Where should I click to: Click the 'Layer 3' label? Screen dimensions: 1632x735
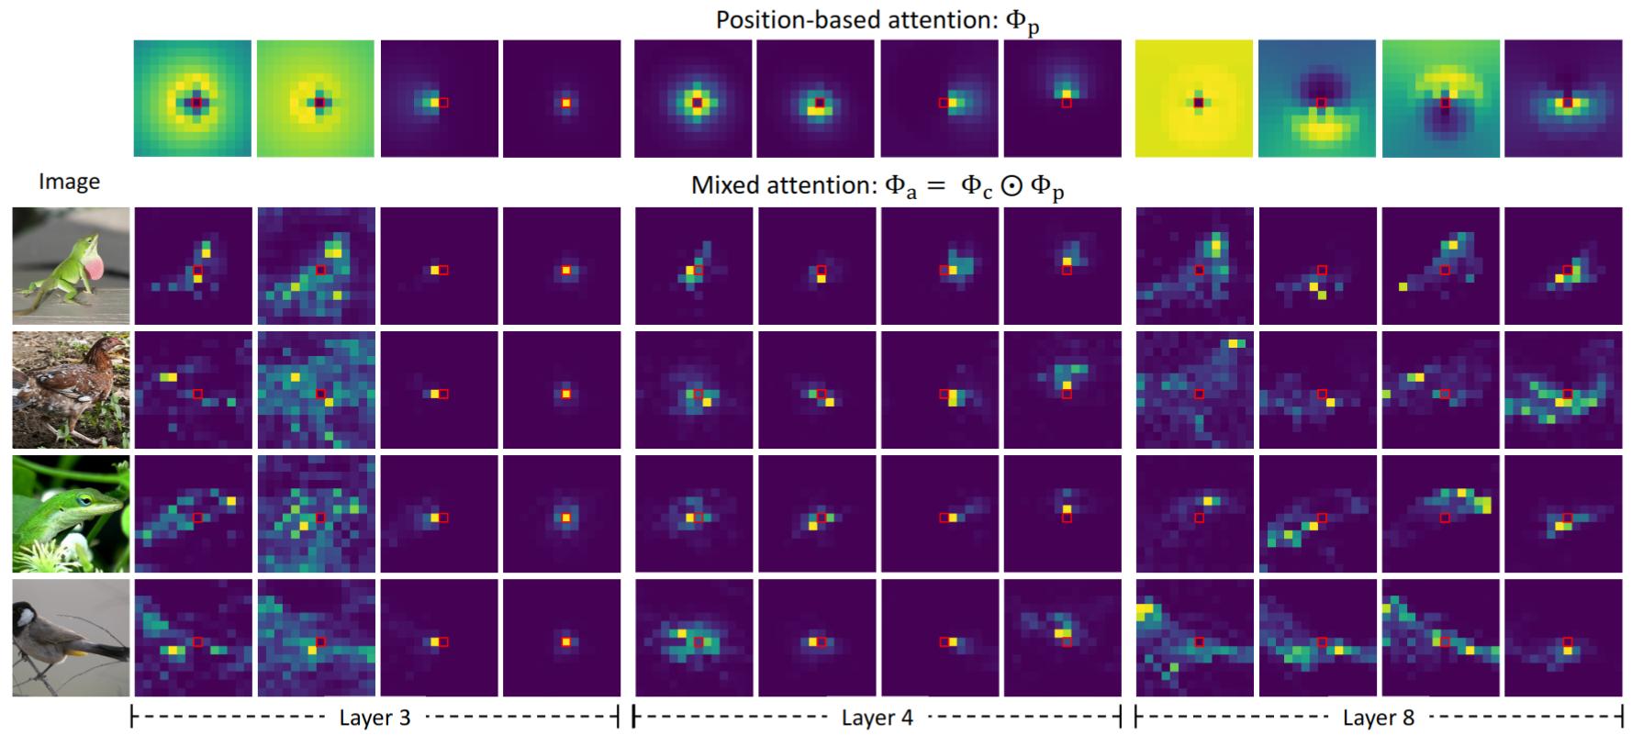pos(374,718)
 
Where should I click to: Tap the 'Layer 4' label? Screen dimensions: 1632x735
pos(877,718)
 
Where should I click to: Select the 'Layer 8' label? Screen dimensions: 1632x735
pos(1378,718)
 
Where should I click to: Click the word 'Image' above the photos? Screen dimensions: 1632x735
pos(70,182)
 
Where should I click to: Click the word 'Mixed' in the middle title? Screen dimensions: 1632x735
pos(726,185)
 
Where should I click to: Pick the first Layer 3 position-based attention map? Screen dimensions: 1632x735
pos(193,98)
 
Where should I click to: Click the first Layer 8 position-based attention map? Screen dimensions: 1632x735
pos(1194,98)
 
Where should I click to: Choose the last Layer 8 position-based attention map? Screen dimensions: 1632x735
pos(1563,98)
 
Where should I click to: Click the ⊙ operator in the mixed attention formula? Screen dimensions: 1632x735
pos(1012,186)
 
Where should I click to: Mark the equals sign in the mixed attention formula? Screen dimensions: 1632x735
pos(936,186)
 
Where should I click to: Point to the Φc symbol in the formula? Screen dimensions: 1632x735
pos(977,187)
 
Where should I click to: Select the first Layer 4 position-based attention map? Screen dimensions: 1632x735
pos(693,98)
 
